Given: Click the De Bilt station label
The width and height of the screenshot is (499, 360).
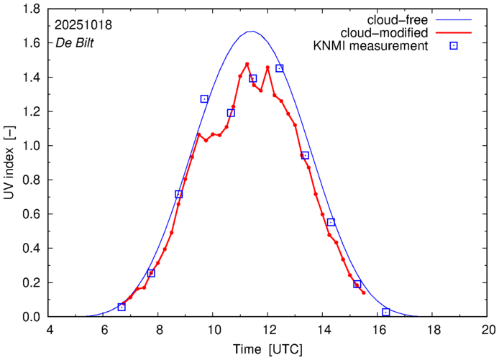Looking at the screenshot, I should pos(75,42).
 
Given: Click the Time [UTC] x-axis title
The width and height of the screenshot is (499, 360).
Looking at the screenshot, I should pos(267,349).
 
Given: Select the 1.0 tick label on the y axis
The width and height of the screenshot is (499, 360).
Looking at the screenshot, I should pos(31,146).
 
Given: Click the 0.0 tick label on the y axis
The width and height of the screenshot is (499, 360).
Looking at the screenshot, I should pos(31,317).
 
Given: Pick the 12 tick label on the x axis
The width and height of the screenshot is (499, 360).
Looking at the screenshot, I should pos(268,330).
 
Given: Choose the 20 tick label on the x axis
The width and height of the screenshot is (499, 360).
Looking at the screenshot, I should pos(488,330).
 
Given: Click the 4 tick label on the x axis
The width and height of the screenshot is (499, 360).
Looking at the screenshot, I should pos(50,330).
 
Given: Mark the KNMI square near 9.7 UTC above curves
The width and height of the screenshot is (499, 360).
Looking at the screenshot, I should pos(204,99).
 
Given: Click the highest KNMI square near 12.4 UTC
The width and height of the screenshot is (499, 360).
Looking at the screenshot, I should pos(280,68).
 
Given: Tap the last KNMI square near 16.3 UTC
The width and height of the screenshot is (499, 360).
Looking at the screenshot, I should pos(386,312).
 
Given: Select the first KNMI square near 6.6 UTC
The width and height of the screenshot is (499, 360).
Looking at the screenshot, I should pos(122,307).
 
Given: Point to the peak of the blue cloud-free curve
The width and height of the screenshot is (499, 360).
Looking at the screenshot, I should pos(250,32).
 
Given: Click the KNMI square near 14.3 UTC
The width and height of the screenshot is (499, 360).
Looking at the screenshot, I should pos(331,222).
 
